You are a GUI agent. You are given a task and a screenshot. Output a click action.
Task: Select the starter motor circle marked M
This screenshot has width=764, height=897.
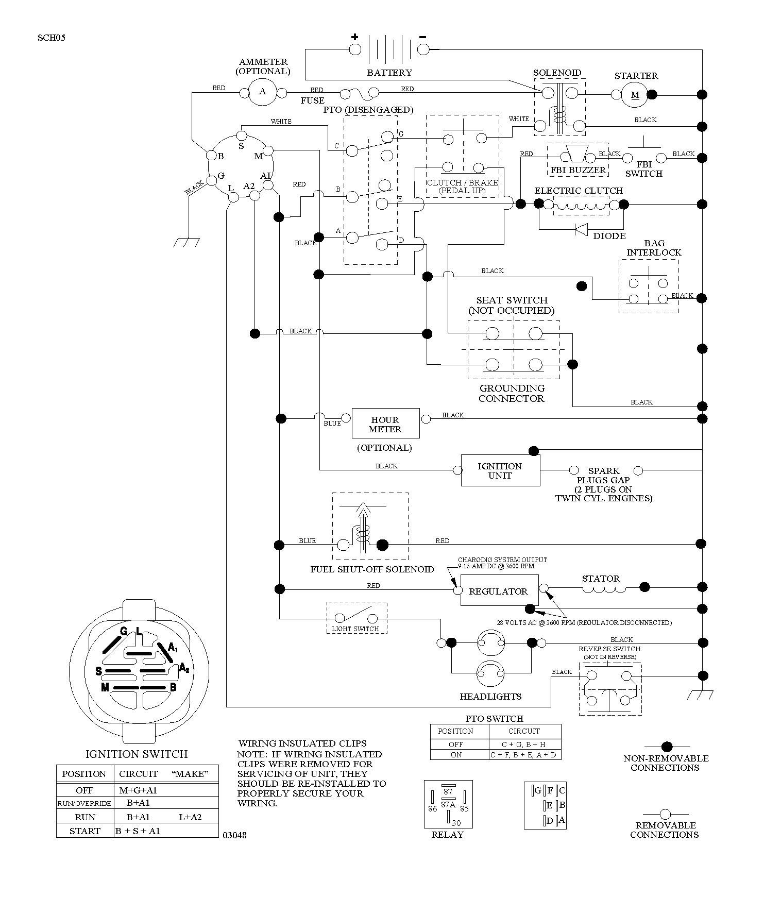click(x=635, y=95)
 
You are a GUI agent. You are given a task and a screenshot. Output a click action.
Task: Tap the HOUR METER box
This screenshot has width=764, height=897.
click(x=385, y=424)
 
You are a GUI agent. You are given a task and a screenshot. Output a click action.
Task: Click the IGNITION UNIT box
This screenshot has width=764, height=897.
click(x=500, y=470)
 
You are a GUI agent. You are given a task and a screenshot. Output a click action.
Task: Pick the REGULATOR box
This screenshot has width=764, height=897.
click(x=499, y=590)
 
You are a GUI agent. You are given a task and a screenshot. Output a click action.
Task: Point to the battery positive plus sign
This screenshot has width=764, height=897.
click(x=355, y=37)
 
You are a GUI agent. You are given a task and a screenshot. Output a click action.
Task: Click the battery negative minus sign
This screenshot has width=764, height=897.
click(x=423, y=37)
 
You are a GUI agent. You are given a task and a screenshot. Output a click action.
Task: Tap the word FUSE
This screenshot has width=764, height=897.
click(x=313, y=100)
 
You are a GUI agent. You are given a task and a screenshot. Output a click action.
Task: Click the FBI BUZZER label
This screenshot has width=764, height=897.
click(x=578, y=170)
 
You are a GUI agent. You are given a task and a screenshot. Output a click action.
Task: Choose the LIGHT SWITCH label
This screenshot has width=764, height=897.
click(x=355, y=629)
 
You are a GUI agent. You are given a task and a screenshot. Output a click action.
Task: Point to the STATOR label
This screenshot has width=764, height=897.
click(x=601, y=579)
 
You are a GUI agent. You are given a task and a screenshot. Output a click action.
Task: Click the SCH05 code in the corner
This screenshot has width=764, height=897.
click(x=52, y=38)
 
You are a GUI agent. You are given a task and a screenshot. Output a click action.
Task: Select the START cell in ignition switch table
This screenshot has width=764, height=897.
click(x=85, y=831)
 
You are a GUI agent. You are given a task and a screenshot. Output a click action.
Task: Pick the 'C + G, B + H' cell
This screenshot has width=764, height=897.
click(x=524, y=744)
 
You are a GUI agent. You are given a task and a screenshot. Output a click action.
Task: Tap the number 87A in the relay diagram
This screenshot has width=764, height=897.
click(x=448, y=805)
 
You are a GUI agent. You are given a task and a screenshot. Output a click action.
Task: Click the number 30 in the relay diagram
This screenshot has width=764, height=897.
click(x=456, y=823)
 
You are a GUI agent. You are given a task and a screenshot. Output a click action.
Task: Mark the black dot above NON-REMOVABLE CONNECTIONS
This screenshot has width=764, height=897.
click(x=667, y=747)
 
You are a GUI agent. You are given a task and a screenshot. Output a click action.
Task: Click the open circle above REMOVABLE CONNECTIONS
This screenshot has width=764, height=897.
click(x=666, y=815)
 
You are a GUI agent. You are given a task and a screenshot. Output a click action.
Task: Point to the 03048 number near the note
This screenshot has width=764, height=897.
click(x=234, y=835)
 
